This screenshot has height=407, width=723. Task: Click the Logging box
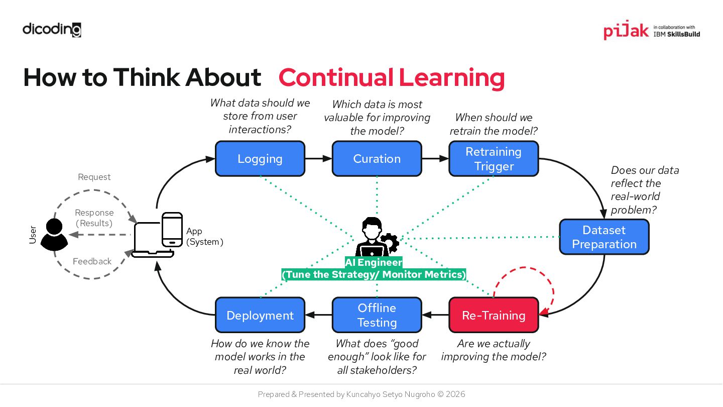260,159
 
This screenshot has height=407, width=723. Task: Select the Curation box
377,159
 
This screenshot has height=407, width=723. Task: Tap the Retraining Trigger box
494,159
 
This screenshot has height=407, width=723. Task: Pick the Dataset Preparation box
604,237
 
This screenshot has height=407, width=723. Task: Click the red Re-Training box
494,315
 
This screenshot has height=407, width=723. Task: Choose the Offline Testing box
377,315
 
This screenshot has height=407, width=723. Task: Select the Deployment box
260,315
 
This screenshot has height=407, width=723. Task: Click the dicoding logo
52,30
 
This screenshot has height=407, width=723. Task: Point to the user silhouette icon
54,235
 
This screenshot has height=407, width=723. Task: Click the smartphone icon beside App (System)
172,230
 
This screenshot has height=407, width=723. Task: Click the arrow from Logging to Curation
318,159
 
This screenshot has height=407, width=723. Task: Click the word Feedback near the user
92,261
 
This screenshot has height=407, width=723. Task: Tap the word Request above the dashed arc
94,177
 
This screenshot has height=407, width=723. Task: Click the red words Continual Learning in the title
392,77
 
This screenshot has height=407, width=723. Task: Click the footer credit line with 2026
361,394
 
